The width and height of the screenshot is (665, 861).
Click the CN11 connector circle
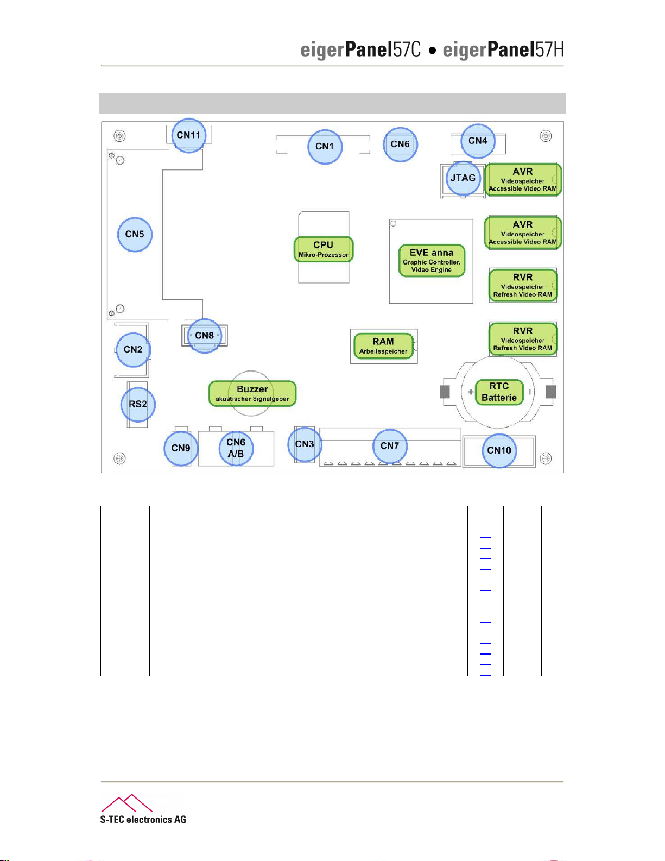tap(188, 135)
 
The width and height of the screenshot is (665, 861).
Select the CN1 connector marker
tap(325, 146)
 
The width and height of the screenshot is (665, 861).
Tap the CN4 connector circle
tap(478, 141)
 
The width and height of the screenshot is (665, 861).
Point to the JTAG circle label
tap(463, 178)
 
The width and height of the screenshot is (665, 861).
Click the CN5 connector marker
tap(135, 234)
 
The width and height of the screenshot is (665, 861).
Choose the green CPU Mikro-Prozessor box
tap(324, 249)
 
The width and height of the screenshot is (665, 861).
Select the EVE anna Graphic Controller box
tap(432, 261)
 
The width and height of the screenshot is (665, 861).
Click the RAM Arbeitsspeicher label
tap(383, 346)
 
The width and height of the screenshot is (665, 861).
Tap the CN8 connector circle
tap(205, 336)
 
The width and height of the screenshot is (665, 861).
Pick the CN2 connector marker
tap(133, 349)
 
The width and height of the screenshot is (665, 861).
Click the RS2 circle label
tap(138, 404)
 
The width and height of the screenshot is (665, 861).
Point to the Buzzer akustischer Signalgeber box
tap(252, 393)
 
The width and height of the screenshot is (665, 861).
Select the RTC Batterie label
tap(499, 392)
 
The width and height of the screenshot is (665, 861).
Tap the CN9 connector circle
tap(181, 448)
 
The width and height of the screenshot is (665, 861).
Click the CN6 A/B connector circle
tap(236, 448)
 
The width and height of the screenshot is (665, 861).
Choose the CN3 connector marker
tap(305, 444)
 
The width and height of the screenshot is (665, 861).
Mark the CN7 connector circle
tap(390, 446)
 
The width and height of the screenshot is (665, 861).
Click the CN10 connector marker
tap(499, 450)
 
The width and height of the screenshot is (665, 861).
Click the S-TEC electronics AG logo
tap(143, 809)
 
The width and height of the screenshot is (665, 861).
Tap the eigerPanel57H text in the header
tap(503, 50)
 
